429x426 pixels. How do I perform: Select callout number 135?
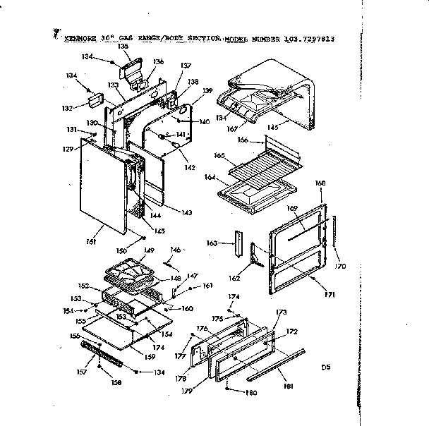[123, 46]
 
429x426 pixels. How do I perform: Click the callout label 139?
[207, 90]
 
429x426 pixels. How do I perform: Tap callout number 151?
[91, 241]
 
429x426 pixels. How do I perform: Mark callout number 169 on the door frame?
[294, 208]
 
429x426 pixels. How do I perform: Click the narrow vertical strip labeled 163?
[238, 245]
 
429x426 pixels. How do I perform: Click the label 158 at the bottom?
[116, 383]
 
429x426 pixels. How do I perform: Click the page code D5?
[325, 367]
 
